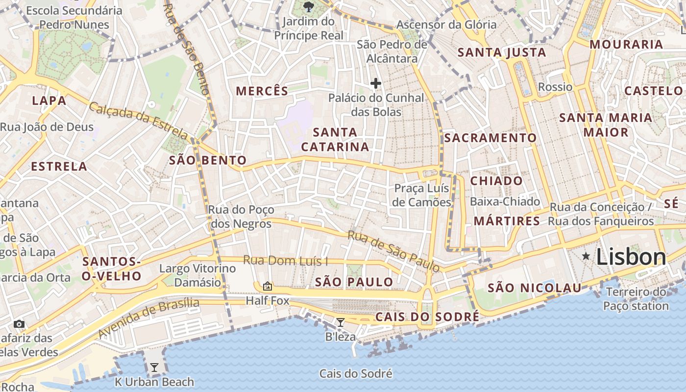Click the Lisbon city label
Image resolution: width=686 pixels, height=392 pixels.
pyautogui.click(x=631, y=257)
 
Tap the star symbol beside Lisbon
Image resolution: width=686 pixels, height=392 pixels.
pyautogui.click(x=586, y=256)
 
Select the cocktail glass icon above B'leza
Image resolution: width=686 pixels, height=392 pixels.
pyautogui.click(x=340, y=322)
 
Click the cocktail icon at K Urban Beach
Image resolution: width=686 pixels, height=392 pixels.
pyautogui.click(x=154, y=367)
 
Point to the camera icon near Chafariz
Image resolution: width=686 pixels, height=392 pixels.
pyautogui.click(x=19, y=324)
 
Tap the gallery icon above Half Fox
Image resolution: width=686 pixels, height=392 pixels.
pyautogui.click(x=268, y=286)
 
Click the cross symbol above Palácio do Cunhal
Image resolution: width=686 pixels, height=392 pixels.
pyautogui.click(x=376, y=83)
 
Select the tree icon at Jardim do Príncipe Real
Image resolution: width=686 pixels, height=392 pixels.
pyautogui.click(x=308, y=6)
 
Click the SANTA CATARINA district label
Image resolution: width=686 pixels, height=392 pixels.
pyautogui.click(x=335, y=140)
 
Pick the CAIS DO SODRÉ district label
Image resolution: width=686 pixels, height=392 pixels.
pyautogui.click(x=427, y=317)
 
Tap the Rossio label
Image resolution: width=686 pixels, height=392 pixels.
pyautogui.click(x=555, y=87)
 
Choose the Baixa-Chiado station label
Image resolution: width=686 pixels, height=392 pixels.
pyautogui.click(x=505, y=201)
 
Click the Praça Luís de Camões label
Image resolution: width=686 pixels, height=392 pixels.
pyautogui.click(x=422, y=196)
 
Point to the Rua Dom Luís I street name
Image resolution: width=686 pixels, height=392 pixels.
pyautogui.click(x=286, y=261)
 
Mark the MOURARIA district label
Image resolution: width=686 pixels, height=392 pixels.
pyautogui.click(x=626, y=45)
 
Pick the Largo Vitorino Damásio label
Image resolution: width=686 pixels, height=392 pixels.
pyautogui.click(x=197, y=275)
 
